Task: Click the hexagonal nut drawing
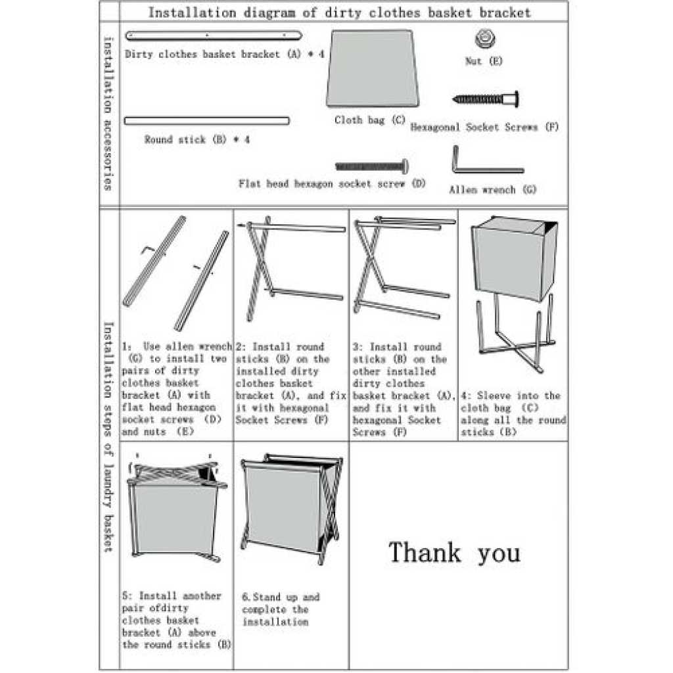[x=484, y=40]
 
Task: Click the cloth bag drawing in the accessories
[x=372, y=68]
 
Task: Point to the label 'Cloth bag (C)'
[x=369, y=120]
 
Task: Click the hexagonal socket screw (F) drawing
[x=487, y=99]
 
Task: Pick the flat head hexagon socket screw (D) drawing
[x=373, y=166]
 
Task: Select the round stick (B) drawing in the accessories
[x=206, y=120]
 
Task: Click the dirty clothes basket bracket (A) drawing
[x=213, y=34]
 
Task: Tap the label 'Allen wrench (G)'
[x=492, y=190]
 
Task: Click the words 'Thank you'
[x=454, y=553]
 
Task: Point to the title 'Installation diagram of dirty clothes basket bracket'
[x=339, y=12]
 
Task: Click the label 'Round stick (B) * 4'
[x=197, y=139]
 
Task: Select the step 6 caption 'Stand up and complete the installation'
[x=281, y=609]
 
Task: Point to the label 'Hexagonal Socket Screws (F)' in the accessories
[x=484, y=128]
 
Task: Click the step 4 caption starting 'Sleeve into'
[x=513, y=414]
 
